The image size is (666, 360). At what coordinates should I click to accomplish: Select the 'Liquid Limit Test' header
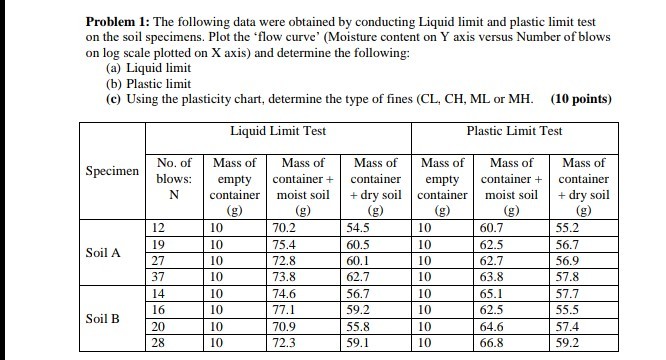(x=276, y=131)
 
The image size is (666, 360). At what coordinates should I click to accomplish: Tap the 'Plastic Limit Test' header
(x=514, y=131)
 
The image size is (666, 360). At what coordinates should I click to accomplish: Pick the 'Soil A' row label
(x=103, y=251)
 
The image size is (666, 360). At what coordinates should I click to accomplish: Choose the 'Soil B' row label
(x=103, y=319)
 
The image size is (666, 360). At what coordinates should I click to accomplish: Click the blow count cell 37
(x=158, y=276)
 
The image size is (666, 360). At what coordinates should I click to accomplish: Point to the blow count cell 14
(x=158, y=294)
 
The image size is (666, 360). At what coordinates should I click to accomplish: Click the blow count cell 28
(x=158, y=343)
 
